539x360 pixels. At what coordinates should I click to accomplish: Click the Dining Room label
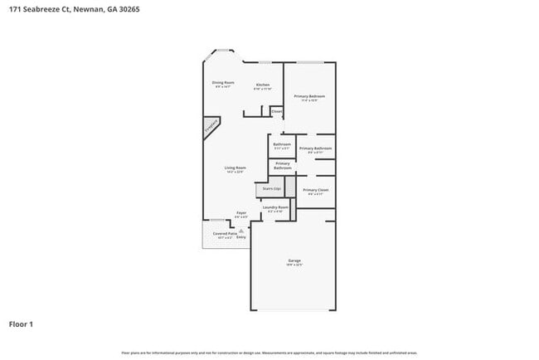pos(223,83)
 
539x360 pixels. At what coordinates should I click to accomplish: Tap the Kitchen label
pos(262,85)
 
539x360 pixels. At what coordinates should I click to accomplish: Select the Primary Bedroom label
pos(309,97)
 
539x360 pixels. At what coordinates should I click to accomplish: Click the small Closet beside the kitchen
pos(276,111)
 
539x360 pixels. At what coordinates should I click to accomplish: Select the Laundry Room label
pos(275,207)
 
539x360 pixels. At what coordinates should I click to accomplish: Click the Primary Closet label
pos(315,191)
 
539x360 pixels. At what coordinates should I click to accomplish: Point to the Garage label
pos(294,261)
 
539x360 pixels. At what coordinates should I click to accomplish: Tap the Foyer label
pos(241,213)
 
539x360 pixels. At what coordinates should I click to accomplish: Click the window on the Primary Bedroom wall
pos(310,63)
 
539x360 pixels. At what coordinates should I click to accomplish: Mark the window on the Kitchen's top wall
pos(264,63)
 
